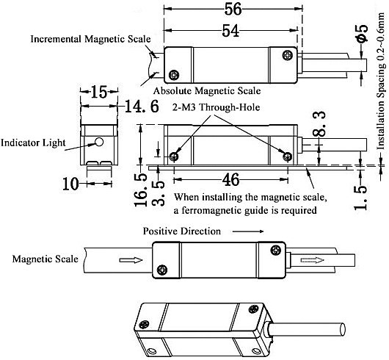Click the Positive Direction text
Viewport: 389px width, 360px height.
click(x=181, y=231)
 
